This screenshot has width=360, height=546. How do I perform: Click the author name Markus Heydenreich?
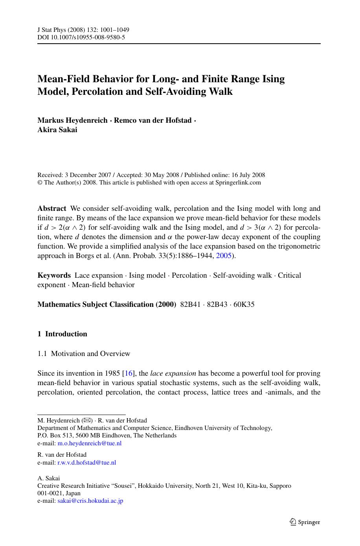point(72,120)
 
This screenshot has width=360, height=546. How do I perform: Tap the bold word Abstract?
point(52,208)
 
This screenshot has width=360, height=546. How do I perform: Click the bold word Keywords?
point(54,275)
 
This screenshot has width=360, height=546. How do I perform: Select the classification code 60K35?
point(244,304)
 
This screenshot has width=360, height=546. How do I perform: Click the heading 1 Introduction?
point(62,334)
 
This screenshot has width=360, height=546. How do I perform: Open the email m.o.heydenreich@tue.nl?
point(90,443)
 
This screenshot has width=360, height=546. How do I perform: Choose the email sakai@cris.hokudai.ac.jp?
point(90,501)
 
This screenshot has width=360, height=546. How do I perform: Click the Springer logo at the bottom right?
point(305,522)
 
